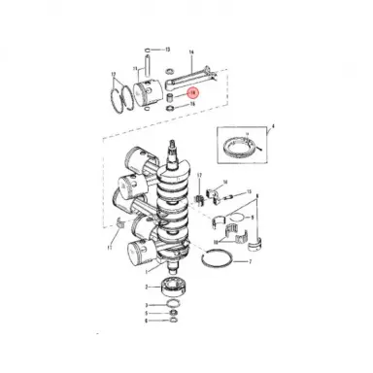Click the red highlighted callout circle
[x=192, y=92]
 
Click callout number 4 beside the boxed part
[x=273, y=126]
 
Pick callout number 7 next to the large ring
[x=250, y=262]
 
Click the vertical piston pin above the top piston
[x=147, y=67]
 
